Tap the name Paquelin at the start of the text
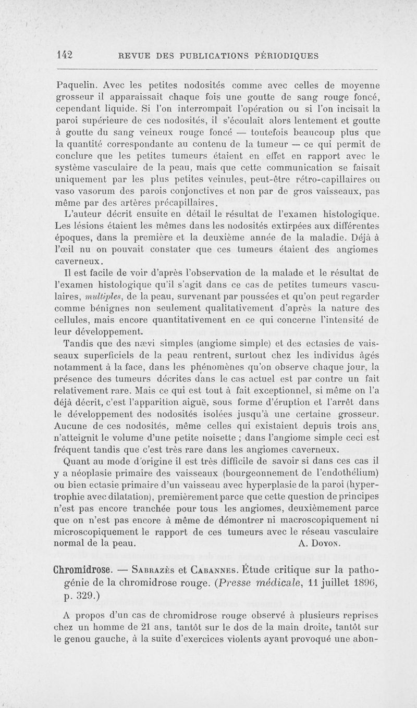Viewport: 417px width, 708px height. pyautogui.click(x=77, y=84)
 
